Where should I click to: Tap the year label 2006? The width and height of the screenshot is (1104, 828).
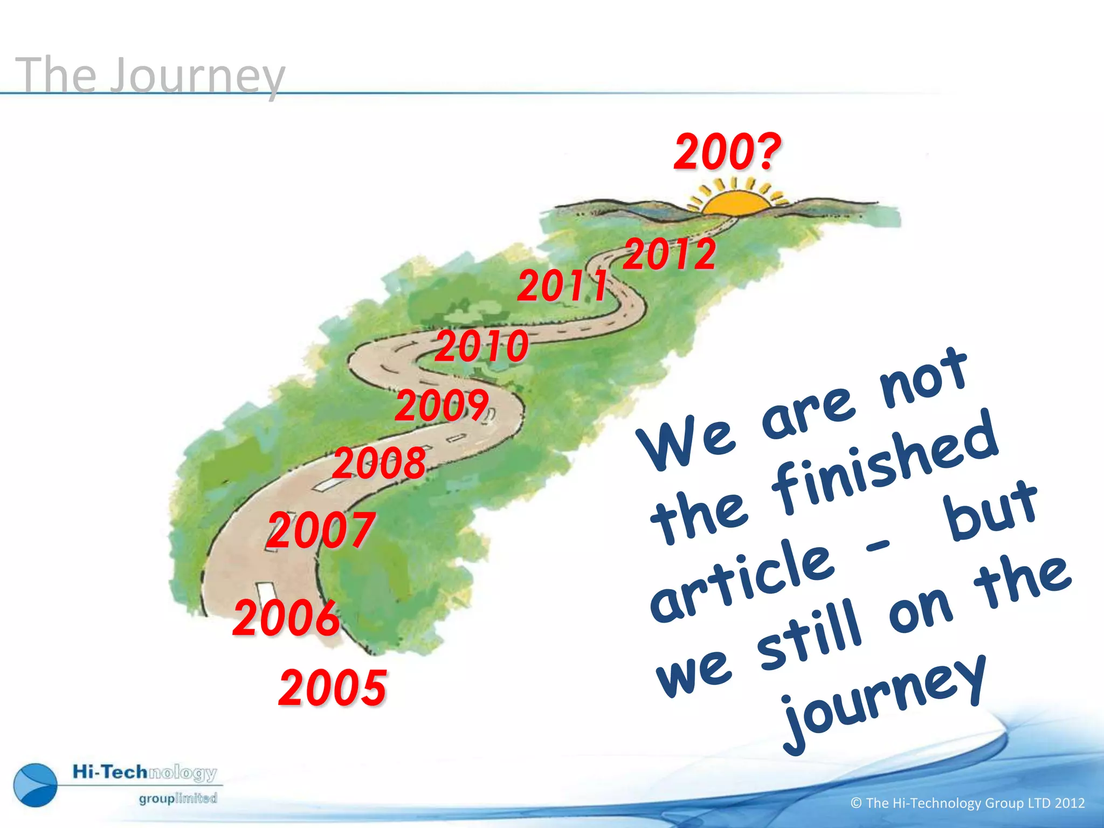pos(286,618)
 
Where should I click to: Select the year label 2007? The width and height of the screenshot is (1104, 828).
pos(321,530)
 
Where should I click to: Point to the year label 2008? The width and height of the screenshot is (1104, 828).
pos(379,463)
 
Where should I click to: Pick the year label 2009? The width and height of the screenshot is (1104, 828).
pos(442,405)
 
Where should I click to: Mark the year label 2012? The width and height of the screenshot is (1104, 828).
pos(670,254)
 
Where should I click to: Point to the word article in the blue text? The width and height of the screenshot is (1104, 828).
pos(742,582)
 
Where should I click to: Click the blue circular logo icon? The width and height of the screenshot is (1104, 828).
pos(36,785)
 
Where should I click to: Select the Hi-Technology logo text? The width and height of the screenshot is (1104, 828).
pos(144,772)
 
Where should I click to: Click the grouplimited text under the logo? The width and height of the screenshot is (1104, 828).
pos(178,798)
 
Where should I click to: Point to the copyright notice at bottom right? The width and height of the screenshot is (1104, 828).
pos(967,803)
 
